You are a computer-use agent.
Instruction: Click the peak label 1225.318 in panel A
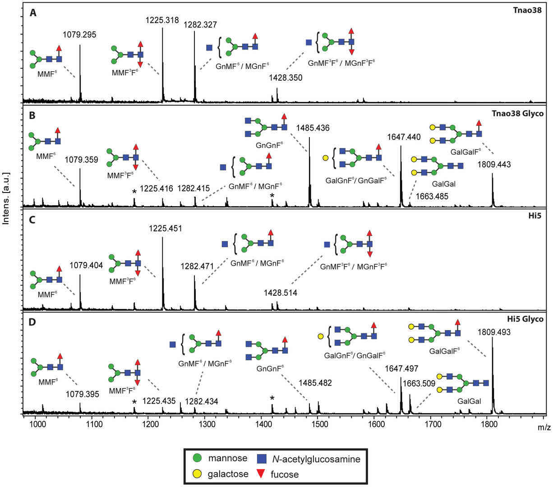[x=162, y=20]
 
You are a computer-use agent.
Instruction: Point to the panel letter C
[x=33, y=220]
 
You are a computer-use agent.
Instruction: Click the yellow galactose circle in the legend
[x=198, y=473]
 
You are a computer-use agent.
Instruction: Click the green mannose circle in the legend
[x=198, y=459]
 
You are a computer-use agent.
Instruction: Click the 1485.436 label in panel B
[x=313, y=129]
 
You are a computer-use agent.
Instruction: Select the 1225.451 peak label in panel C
[x=166, y=229]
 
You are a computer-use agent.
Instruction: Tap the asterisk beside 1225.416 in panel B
[x=134, y=192]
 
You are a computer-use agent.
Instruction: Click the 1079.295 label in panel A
[x=79, y=34]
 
